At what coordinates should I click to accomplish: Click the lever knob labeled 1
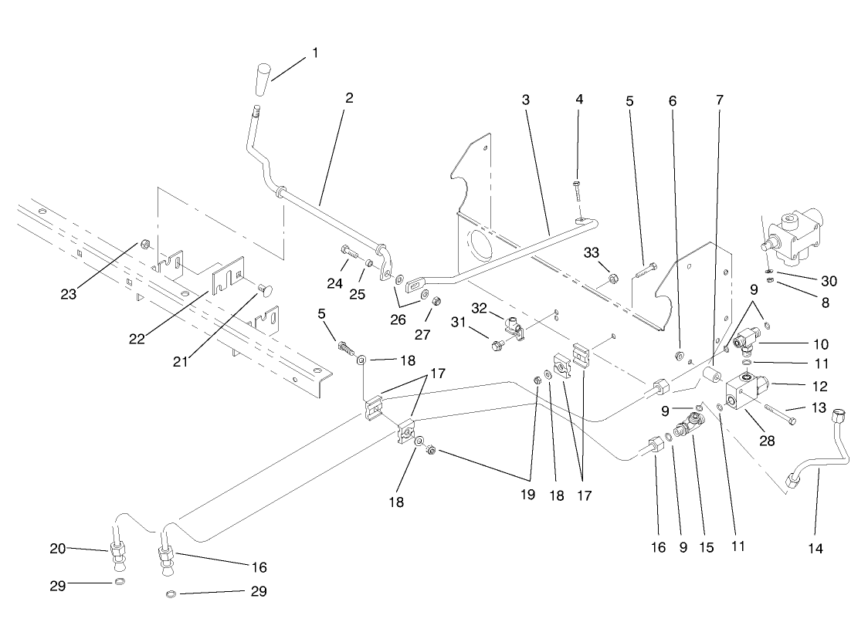pos(263,80)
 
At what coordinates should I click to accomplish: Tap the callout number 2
pos(349,98)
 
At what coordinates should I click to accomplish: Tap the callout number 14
pos(817,549)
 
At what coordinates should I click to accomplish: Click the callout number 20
pos(58,549)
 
